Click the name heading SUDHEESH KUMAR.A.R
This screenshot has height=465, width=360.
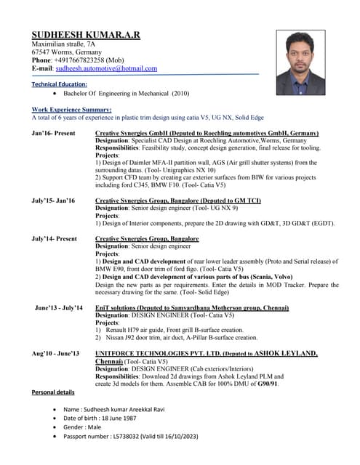tap(86, 35)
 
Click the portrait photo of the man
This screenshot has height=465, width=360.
tap(300, 62)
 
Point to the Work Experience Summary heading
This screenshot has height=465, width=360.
tap(71, 108)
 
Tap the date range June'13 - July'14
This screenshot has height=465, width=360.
tap(59, 308)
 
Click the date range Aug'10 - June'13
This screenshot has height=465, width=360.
tap(55, 353)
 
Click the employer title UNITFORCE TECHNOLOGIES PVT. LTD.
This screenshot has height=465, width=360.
tap(172, 353)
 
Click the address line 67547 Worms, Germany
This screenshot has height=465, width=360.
tap(66, 52)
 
